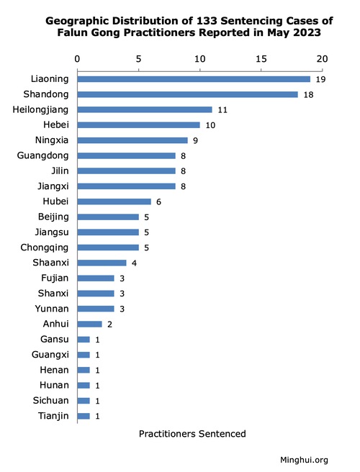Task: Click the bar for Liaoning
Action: coord(194,79)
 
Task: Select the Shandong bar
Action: coord(188,94)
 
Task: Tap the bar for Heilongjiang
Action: coord(145,109)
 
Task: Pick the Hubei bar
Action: coord(114,201)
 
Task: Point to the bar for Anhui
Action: coord(89,324)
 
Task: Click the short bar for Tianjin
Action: coord(84,416)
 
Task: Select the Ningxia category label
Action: coord(52,140)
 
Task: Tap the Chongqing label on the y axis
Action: coord(45,248)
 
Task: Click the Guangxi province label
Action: coord(50,355)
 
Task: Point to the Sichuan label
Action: coord(51,400)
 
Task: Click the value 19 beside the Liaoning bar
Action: coord(320,79)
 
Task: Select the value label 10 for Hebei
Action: coord(210,125)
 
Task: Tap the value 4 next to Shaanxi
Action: coord(134,263)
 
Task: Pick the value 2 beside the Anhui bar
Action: coord(109,324)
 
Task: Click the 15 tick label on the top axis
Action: coord(261,59)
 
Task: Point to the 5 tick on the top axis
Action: coord(138,59)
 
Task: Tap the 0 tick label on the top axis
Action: coord(77,59)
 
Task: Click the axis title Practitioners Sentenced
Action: coord(192,434)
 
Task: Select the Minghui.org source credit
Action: coord(304,460)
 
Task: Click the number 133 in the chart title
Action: coord(207,21)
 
